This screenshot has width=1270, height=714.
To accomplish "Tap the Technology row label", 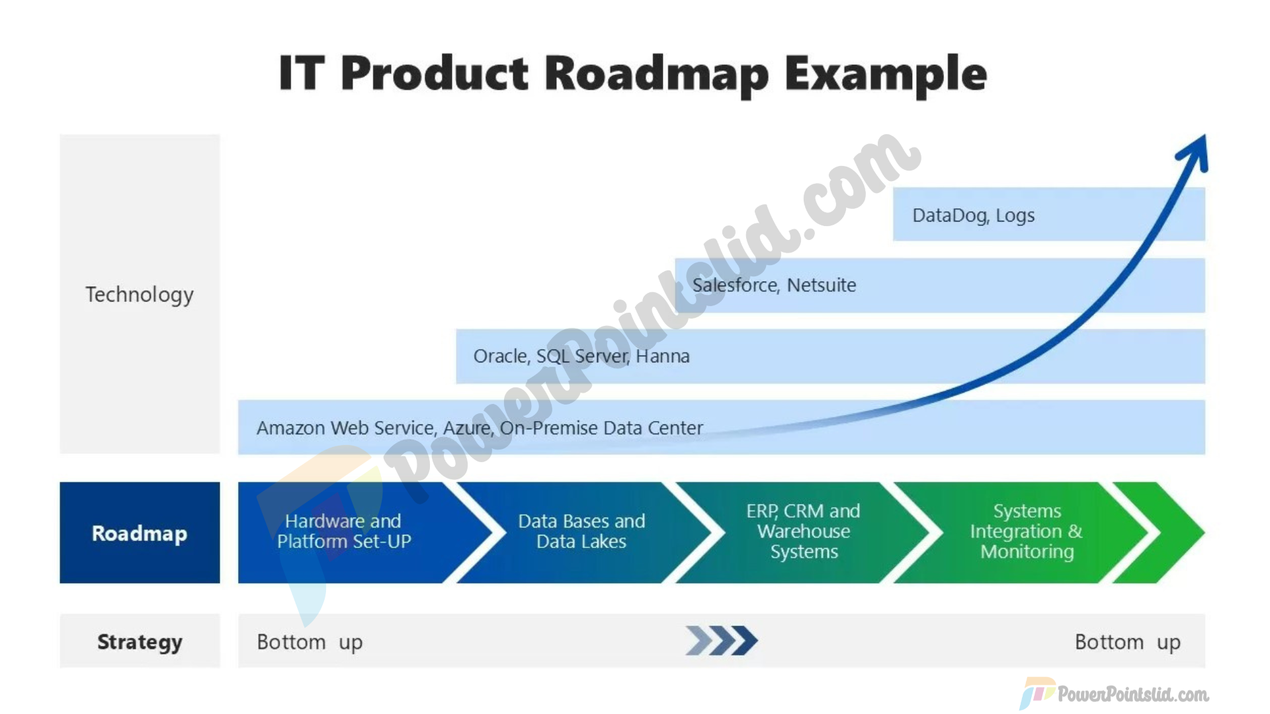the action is pos(140,294).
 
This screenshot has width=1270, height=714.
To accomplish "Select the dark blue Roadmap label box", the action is pos(140,532).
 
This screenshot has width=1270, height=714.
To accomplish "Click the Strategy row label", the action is pos(140,642).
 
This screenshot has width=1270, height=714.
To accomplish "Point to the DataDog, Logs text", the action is pos(973,216).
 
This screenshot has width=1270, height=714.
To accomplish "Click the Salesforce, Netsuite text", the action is pos(774,285).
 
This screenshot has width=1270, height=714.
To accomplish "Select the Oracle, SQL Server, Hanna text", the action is pos(581,356).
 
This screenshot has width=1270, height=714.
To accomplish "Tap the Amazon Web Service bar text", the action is pos(480,428).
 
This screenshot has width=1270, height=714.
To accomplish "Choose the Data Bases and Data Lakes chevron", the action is pos(582,532).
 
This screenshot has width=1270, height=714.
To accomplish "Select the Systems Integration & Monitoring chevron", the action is pos(1022,532).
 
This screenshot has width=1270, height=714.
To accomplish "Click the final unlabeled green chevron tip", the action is pos(1204,532).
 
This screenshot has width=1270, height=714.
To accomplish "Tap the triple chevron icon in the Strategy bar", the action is pos(722,641).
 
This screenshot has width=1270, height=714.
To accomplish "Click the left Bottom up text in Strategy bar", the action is pos(310,643).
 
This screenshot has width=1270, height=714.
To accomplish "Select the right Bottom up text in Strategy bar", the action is pos(1128,643).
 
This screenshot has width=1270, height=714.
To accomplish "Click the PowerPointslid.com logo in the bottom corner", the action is pos(1114,694).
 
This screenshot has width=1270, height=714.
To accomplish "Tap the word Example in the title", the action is pos(886,74).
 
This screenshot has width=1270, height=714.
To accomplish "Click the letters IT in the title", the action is pos(302,73).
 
